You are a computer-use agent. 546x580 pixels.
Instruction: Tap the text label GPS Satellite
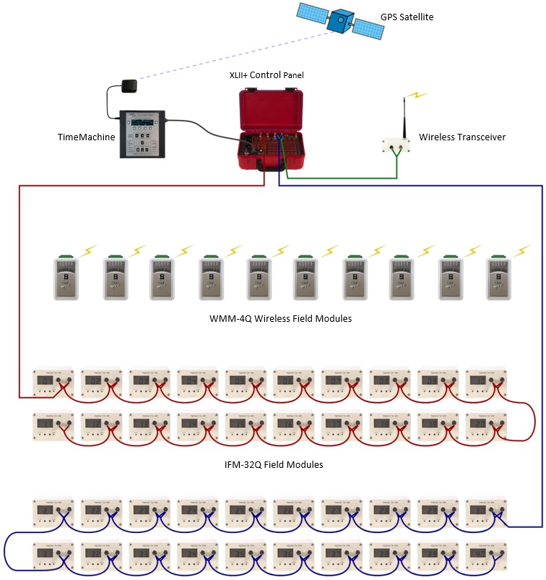pos(407,16)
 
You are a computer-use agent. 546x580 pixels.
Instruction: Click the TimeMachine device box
pos(142,134)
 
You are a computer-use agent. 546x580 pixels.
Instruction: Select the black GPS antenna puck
pos(130,86)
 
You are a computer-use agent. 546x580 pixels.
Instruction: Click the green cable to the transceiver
pos(339,177)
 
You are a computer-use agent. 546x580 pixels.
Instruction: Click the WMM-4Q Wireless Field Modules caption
pos(280,318)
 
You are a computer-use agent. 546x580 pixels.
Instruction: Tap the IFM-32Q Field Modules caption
pos(274,464)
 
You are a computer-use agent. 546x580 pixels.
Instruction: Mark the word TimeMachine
pos(86,137)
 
